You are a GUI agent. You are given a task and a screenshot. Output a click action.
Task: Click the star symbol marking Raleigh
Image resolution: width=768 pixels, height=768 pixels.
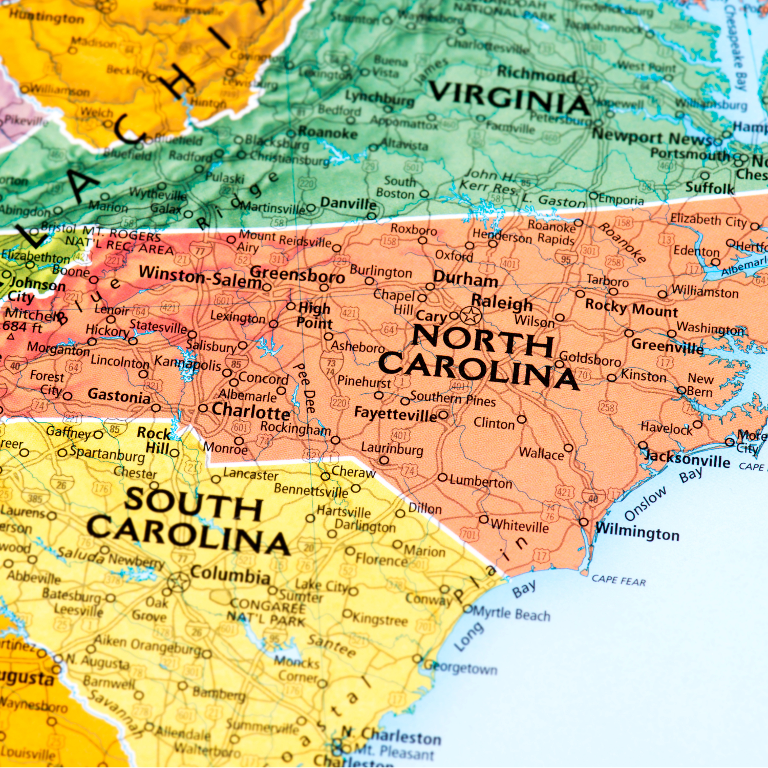(471, 315)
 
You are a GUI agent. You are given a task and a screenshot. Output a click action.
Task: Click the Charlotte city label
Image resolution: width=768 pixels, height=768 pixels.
(250, 411)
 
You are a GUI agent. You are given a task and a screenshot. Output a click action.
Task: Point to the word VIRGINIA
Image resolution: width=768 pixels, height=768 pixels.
(509, 98)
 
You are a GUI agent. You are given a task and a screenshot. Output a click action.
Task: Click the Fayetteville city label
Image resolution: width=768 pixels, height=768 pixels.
(395, 414)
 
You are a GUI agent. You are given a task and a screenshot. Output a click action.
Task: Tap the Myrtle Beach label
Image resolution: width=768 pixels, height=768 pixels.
(511, 613)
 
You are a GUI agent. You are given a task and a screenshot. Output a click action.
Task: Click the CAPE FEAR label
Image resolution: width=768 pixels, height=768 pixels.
(618, 580)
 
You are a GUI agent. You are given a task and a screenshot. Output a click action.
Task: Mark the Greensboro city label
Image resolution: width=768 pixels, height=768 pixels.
(297, 275)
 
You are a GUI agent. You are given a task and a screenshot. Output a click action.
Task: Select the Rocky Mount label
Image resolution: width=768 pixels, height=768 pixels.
(631, 308)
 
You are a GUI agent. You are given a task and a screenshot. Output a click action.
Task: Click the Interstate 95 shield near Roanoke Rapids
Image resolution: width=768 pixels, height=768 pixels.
(566, 259)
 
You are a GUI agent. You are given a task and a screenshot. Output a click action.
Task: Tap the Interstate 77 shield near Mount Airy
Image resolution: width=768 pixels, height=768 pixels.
(200, 250)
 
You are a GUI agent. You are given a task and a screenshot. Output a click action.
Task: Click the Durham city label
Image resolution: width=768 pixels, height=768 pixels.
(465, 280)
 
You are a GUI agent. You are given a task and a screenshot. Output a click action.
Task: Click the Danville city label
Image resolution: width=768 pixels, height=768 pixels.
(348, 203)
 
